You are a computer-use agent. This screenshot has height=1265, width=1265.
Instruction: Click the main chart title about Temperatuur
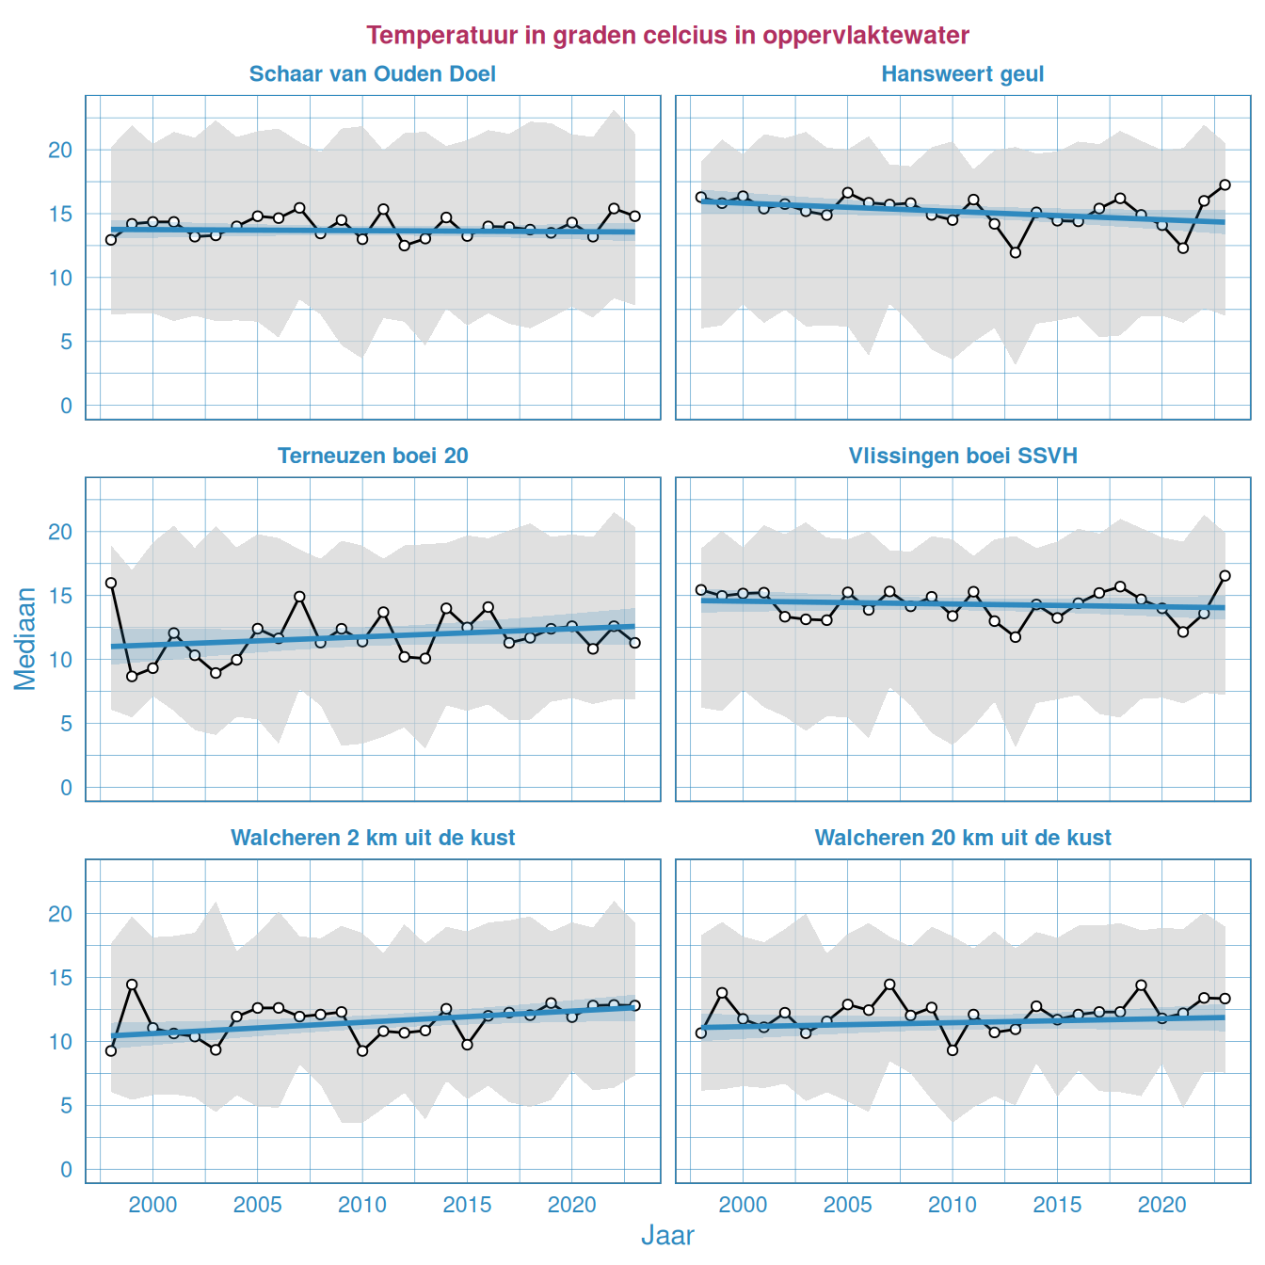tap(667, 35)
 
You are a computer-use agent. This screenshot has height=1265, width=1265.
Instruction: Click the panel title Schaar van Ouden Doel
tap(372, 74)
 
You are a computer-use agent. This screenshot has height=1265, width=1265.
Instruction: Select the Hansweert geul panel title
tap(962, 74)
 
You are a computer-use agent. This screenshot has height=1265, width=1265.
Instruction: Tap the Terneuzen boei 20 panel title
tap(372, 456)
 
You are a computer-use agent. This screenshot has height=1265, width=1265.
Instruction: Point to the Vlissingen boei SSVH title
tap(962, 456)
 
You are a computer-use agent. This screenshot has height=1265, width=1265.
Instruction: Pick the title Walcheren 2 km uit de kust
tap(372, 838)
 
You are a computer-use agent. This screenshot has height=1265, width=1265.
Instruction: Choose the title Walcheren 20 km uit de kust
tap(962, 838)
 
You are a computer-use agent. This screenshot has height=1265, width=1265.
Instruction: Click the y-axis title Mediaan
tap(25, 638)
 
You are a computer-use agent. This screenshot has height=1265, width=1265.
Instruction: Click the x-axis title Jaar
tap(667, 1236)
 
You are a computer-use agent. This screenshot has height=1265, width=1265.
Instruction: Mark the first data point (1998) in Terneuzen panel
tap(111, 583)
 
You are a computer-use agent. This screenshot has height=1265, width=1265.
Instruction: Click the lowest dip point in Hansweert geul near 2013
tap(1016, 252)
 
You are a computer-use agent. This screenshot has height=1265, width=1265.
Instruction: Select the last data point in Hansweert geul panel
tap(1225, 184)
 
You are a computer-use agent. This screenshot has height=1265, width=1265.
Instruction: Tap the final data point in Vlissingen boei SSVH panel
tap(1225, 575)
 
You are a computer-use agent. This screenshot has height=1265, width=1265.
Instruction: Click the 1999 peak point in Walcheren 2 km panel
tap(132, 985)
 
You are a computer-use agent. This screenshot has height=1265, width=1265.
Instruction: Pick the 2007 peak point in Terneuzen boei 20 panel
tap(299, 597)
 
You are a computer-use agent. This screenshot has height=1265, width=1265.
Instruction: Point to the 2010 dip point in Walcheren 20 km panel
tap(953, 1049)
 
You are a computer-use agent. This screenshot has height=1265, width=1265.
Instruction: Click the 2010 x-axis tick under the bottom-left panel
tap(362, 1205)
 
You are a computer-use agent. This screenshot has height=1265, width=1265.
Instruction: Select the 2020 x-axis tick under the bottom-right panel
tap(1161, 1205)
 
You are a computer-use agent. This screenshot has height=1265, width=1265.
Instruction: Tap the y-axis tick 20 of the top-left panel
tap(60, 150)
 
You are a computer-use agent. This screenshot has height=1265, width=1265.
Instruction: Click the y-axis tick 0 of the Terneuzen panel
tap(66, 788)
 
